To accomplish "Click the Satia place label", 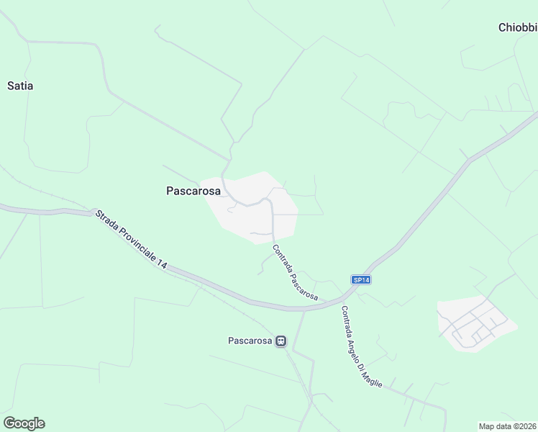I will [x=20, y=86].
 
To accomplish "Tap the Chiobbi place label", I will [x=517, y=28].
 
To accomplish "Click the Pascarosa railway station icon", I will [x=281, y=341].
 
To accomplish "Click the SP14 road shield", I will [x=361, y=279].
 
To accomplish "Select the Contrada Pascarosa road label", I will [x=294, y=272].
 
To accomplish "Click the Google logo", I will [x=24, y=423].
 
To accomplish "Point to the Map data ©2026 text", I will [x=507, y=426].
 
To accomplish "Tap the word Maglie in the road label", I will [x=373, y=377].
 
